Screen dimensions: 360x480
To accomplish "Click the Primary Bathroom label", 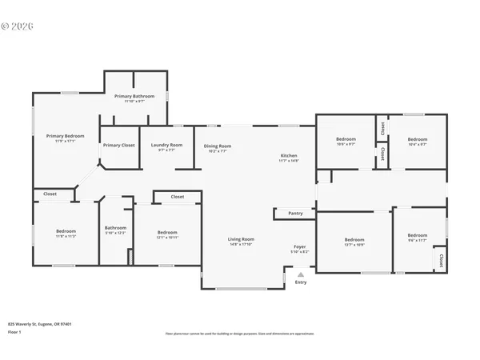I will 134,96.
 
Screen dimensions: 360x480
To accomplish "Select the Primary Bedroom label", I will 65,136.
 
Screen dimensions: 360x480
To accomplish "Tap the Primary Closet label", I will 118,145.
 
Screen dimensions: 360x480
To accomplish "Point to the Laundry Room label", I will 166,145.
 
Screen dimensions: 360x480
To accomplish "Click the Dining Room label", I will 217,146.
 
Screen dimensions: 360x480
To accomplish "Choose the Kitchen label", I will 289,155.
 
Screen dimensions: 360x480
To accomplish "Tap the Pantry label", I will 296,214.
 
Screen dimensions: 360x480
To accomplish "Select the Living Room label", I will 241,239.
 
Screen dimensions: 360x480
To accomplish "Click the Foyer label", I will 299,246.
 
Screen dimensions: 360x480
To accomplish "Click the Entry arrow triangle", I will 301,274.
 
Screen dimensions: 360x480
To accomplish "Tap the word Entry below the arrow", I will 301,282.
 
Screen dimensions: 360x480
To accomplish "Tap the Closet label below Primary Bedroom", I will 50,194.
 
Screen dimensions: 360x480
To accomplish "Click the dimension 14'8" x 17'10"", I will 241,244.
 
